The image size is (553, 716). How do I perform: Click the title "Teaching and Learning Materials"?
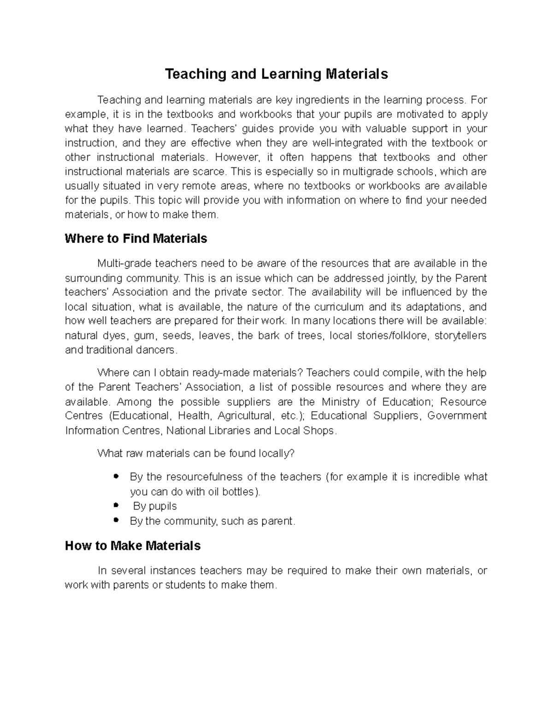tap(276, 74)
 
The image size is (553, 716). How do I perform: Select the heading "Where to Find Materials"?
tap(136, 239)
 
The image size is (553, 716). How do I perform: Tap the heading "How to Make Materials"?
tap(133, 546)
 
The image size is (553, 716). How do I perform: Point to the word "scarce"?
tap(212, 172)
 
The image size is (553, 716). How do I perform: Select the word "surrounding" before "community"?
tap(94, 278)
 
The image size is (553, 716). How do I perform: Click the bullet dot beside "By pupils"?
tap(116, 506)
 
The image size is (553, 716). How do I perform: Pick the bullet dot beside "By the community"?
tap(116, 521)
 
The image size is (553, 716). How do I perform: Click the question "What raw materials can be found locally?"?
tap(196, 454)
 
